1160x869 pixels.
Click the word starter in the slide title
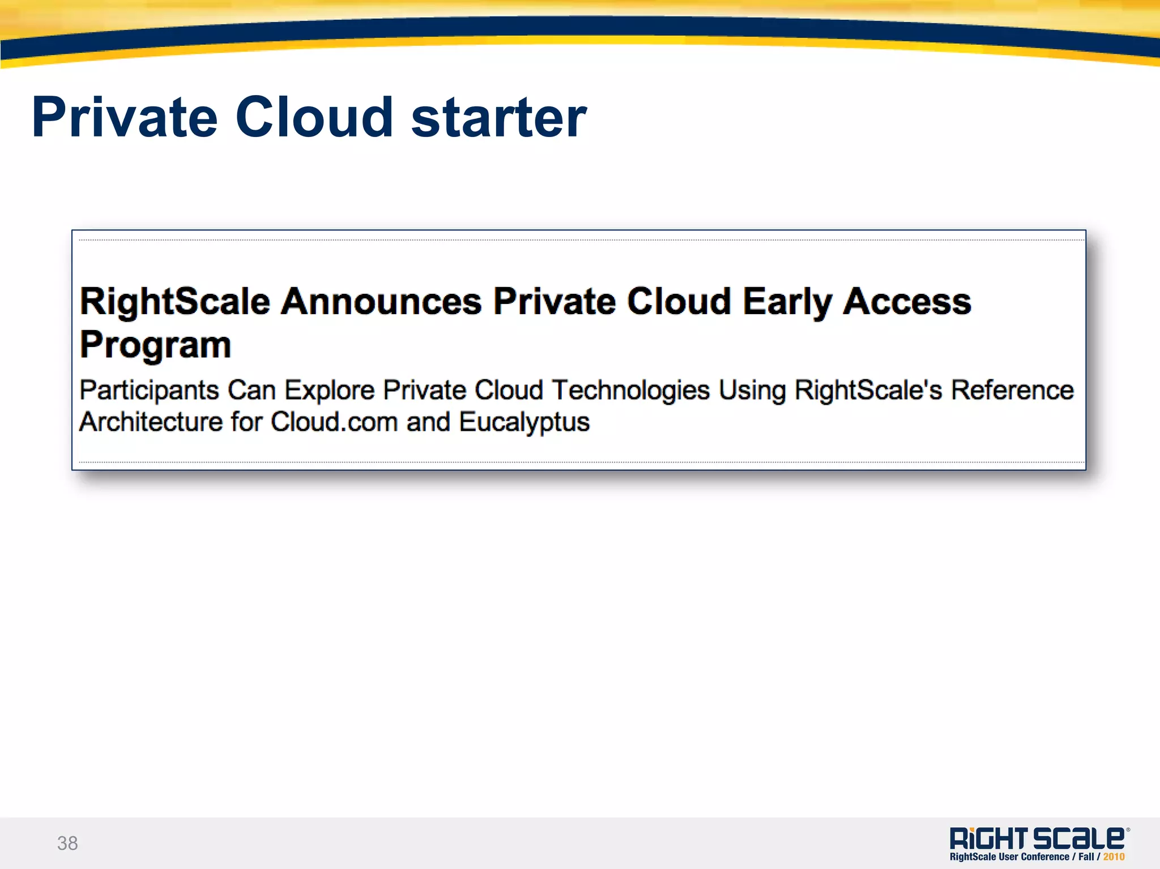pos(498,118)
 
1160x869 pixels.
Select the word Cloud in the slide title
pos(314,118)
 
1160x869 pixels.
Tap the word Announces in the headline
pos(381,301)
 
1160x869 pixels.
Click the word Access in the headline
pos(907,301)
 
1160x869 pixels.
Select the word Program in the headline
pos(156,345)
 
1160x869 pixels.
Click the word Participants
pos(150,391)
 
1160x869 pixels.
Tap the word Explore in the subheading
pos(330,391)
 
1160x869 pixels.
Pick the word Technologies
pos(631,391)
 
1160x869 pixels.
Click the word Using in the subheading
pos(752,391)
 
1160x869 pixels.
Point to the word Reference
pos(1012,390)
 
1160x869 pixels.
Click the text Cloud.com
pos(334,422)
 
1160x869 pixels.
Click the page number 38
pos(67,843)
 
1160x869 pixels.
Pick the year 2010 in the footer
pos(1114,857)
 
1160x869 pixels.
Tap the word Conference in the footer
pos(1045,857)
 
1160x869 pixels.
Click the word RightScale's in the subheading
pos(868,390)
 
